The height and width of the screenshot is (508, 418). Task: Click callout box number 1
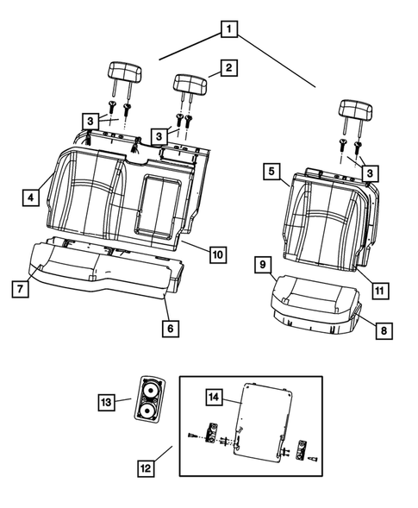tap(228, 29)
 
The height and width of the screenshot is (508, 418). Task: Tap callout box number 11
tap(377, 290)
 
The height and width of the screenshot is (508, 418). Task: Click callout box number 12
tap(147, 468)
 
